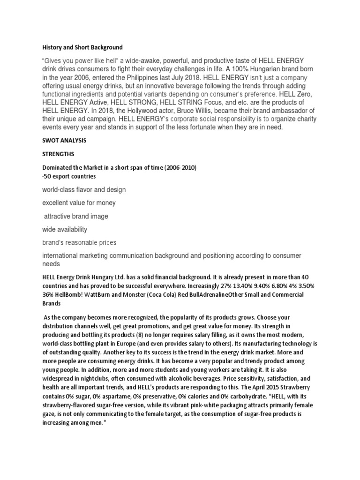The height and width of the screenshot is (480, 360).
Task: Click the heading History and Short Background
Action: pos(82,47)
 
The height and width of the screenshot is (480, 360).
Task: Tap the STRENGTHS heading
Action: pos(58,153)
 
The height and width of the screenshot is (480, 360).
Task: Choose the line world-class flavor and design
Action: pos(84,190)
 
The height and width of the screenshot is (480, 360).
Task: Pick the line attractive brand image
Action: pos(76,217)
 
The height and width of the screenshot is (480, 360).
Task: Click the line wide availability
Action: pos(65,230)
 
